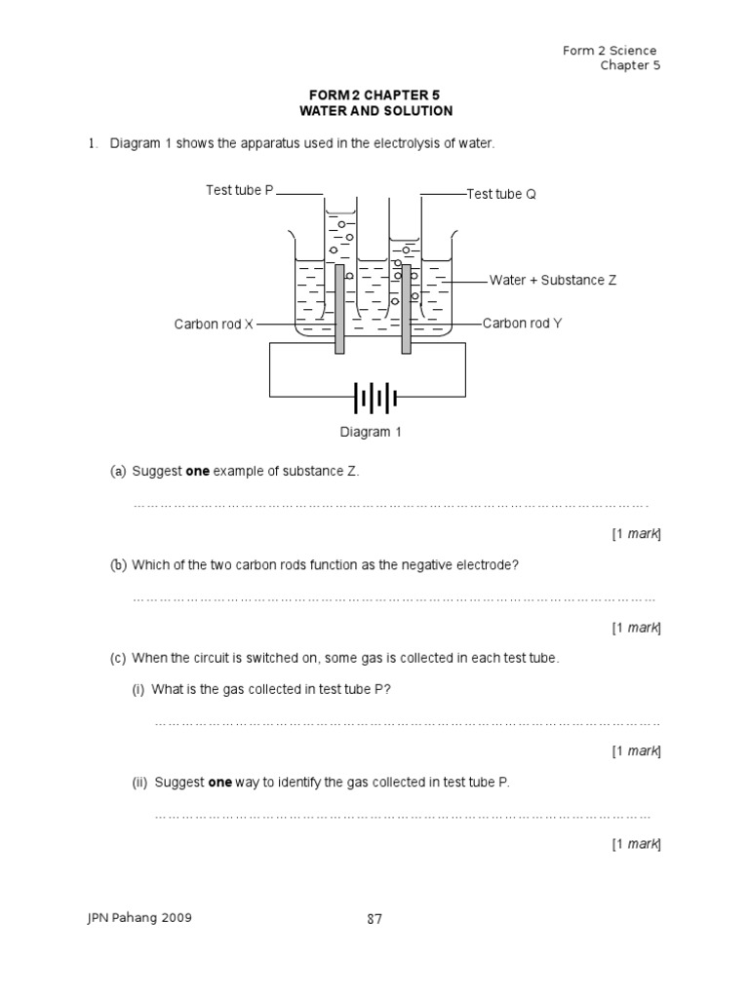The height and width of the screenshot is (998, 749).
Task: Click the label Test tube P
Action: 240,190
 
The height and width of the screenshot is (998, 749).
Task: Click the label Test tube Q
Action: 501,194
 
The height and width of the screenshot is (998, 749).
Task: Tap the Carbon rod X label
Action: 214,324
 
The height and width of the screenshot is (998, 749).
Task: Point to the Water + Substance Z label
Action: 552,280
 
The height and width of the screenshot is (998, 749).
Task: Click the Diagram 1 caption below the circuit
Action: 371,432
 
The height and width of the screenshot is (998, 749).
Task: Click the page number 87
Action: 374,917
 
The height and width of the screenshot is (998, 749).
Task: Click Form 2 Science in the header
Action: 610,51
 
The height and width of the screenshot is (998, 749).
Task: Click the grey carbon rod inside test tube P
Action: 339,310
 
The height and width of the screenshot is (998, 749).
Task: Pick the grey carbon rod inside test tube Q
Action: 406,310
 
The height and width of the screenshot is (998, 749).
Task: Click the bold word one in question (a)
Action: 198,471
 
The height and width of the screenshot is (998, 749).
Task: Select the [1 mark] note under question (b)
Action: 636,628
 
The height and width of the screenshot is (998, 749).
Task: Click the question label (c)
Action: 118,658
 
